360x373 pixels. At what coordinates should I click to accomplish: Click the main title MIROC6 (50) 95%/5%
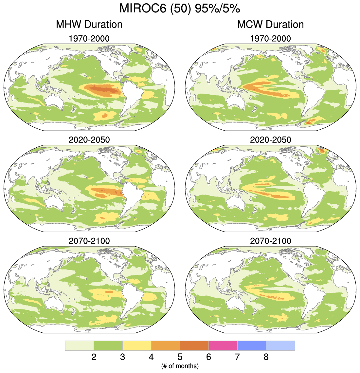(x=180, y=9)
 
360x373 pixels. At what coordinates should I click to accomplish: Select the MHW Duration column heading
(x=89, y=24)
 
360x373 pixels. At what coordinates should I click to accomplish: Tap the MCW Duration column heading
(x=270, y=24)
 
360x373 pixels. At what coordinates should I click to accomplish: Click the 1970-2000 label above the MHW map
(x=89, y=39)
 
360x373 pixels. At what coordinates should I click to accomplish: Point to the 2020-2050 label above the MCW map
(x=270, y=140)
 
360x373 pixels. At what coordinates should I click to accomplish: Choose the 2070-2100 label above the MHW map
(x=89, y=241)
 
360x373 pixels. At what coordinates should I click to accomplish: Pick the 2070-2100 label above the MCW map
(x=270, y=241)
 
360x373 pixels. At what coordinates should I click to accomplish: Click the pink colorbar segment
(x=223, y=345)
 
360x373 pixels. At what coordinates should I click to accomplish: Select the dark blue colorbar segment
(x=252, y=345)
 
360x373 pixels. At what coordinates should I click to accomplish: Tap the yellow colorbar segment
(x=137, y=345)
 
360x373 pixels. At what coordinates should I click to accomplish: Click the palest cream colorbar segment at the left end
(x=79, y=345)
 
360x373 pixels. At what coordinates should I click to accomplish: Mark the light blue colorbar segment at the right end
(x=280, y=345)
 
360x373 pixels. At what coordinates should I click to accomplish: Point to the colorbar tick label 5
(x=180, y=357)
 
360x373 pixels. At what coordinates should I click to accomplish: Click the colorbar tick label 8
(x=266, y=357)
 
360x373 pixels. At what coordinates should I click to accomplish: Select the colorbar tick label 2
(x=94, y=357)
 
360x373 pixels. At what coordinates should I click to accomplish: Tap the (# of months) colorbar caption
(x=180, y=365)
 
